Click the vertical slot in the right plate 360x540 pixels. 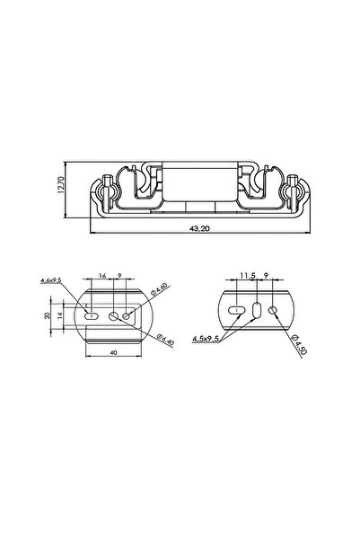tap(258, 310)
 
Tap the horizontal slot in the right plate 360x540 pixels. tap(238, 310)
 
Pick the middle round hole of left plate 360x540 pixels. tap(114, 315)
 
